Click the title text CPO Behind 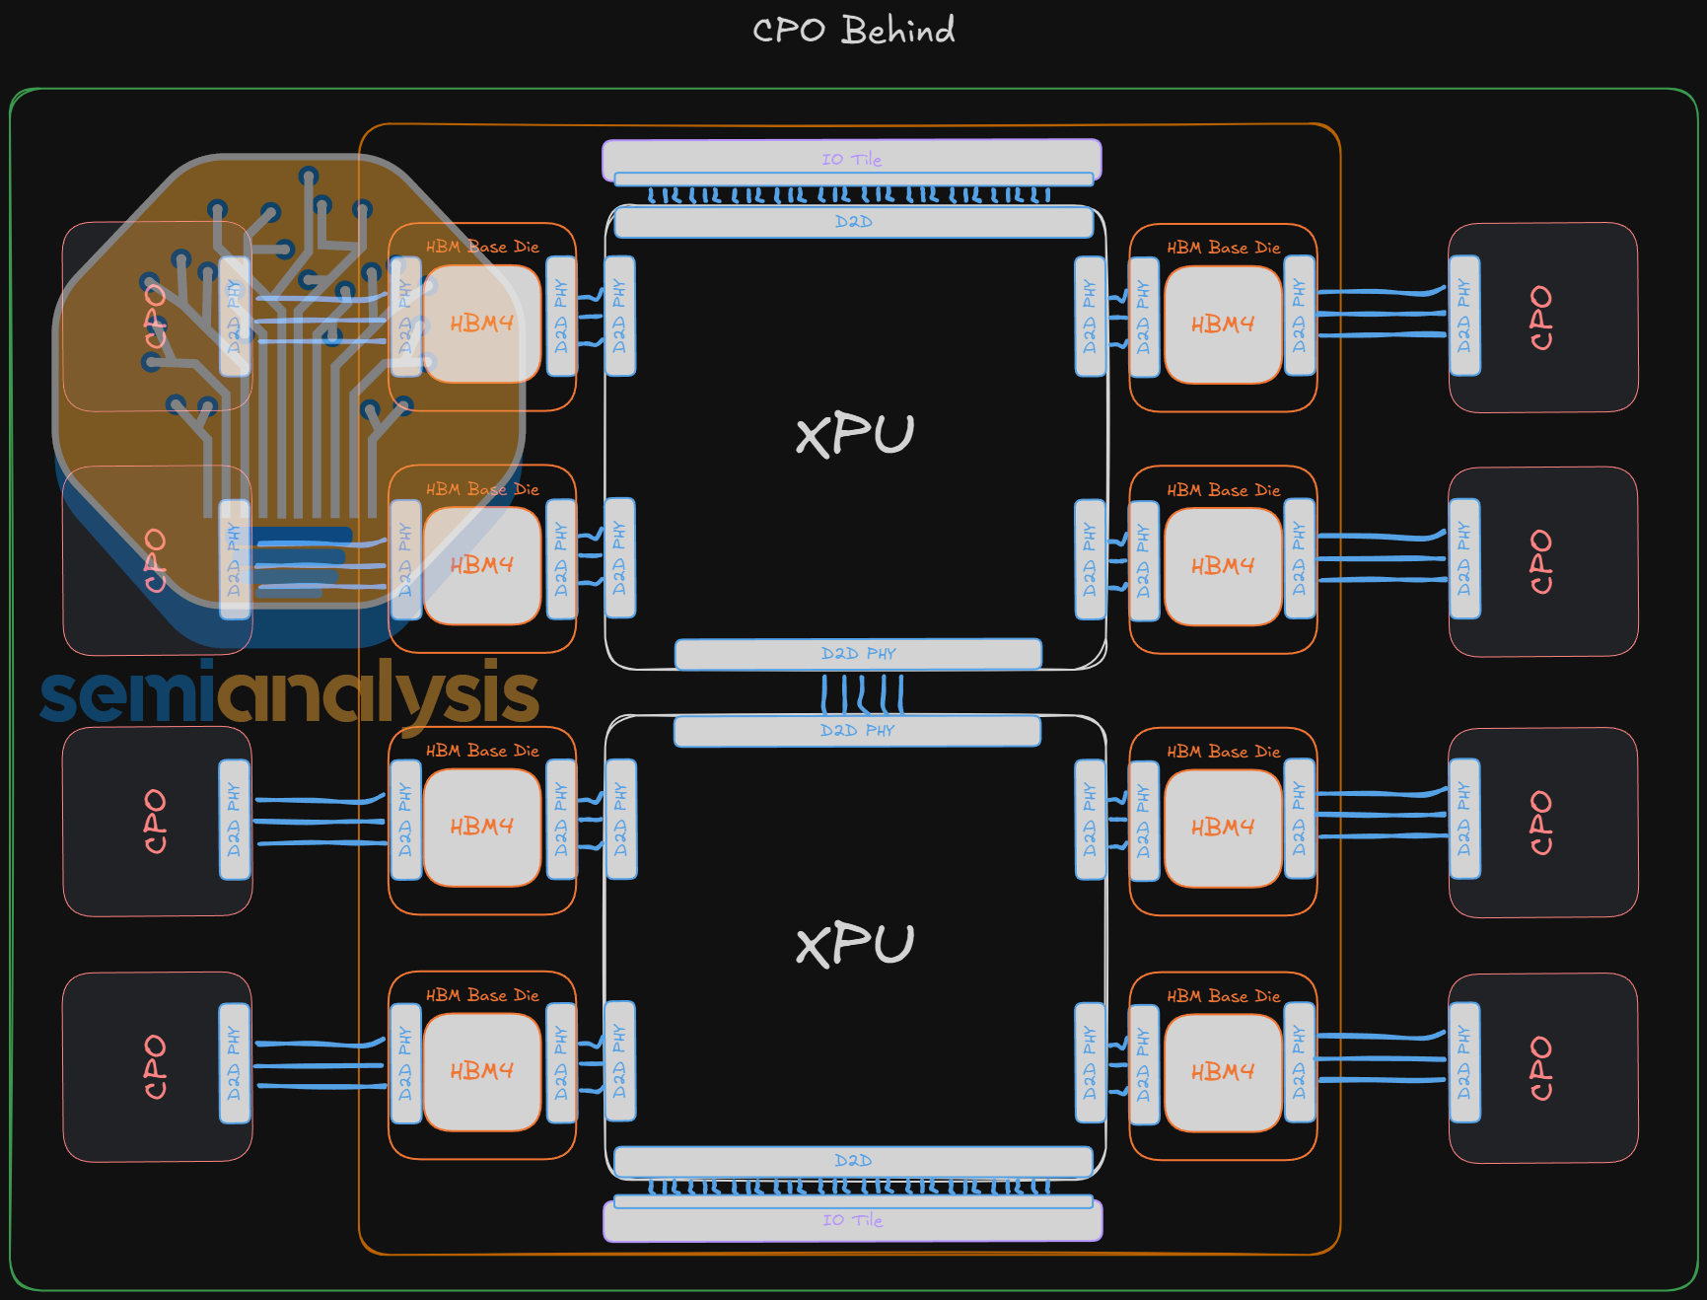pos(853,31)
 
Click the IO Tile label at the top pos(852,159)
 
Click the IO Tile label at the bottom pos(853,1220)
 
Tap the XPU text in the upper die pos(855,435)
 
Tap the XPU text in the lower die pos(855,945)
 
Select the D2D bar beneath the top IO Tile pos(853,222)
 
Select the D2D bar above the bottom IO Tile pos(853,1161)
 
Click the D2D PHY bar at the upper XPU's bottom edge pos(858,654)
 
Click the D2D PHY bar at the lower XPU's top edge pos(857,731)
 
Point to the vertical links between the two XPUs pos(863,693)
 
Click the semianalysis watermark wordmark pos(289,694)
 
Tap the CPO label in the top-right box pos(1540,318)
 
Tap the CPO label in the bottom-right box pos(1540,1068)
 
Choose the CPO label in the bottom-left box pos(155,1066)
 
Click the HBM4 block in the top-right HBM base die pos(1223,325)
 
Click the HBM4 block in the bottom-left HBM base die pos(482,1071)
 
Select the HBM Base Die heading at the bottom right pos(1223,996)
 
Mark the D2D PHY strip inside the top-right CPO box pos(1464,316)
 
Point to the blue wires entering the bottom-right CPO pos(1381,1058)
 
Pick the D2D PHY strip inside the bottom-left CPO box pos(235,1063)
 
